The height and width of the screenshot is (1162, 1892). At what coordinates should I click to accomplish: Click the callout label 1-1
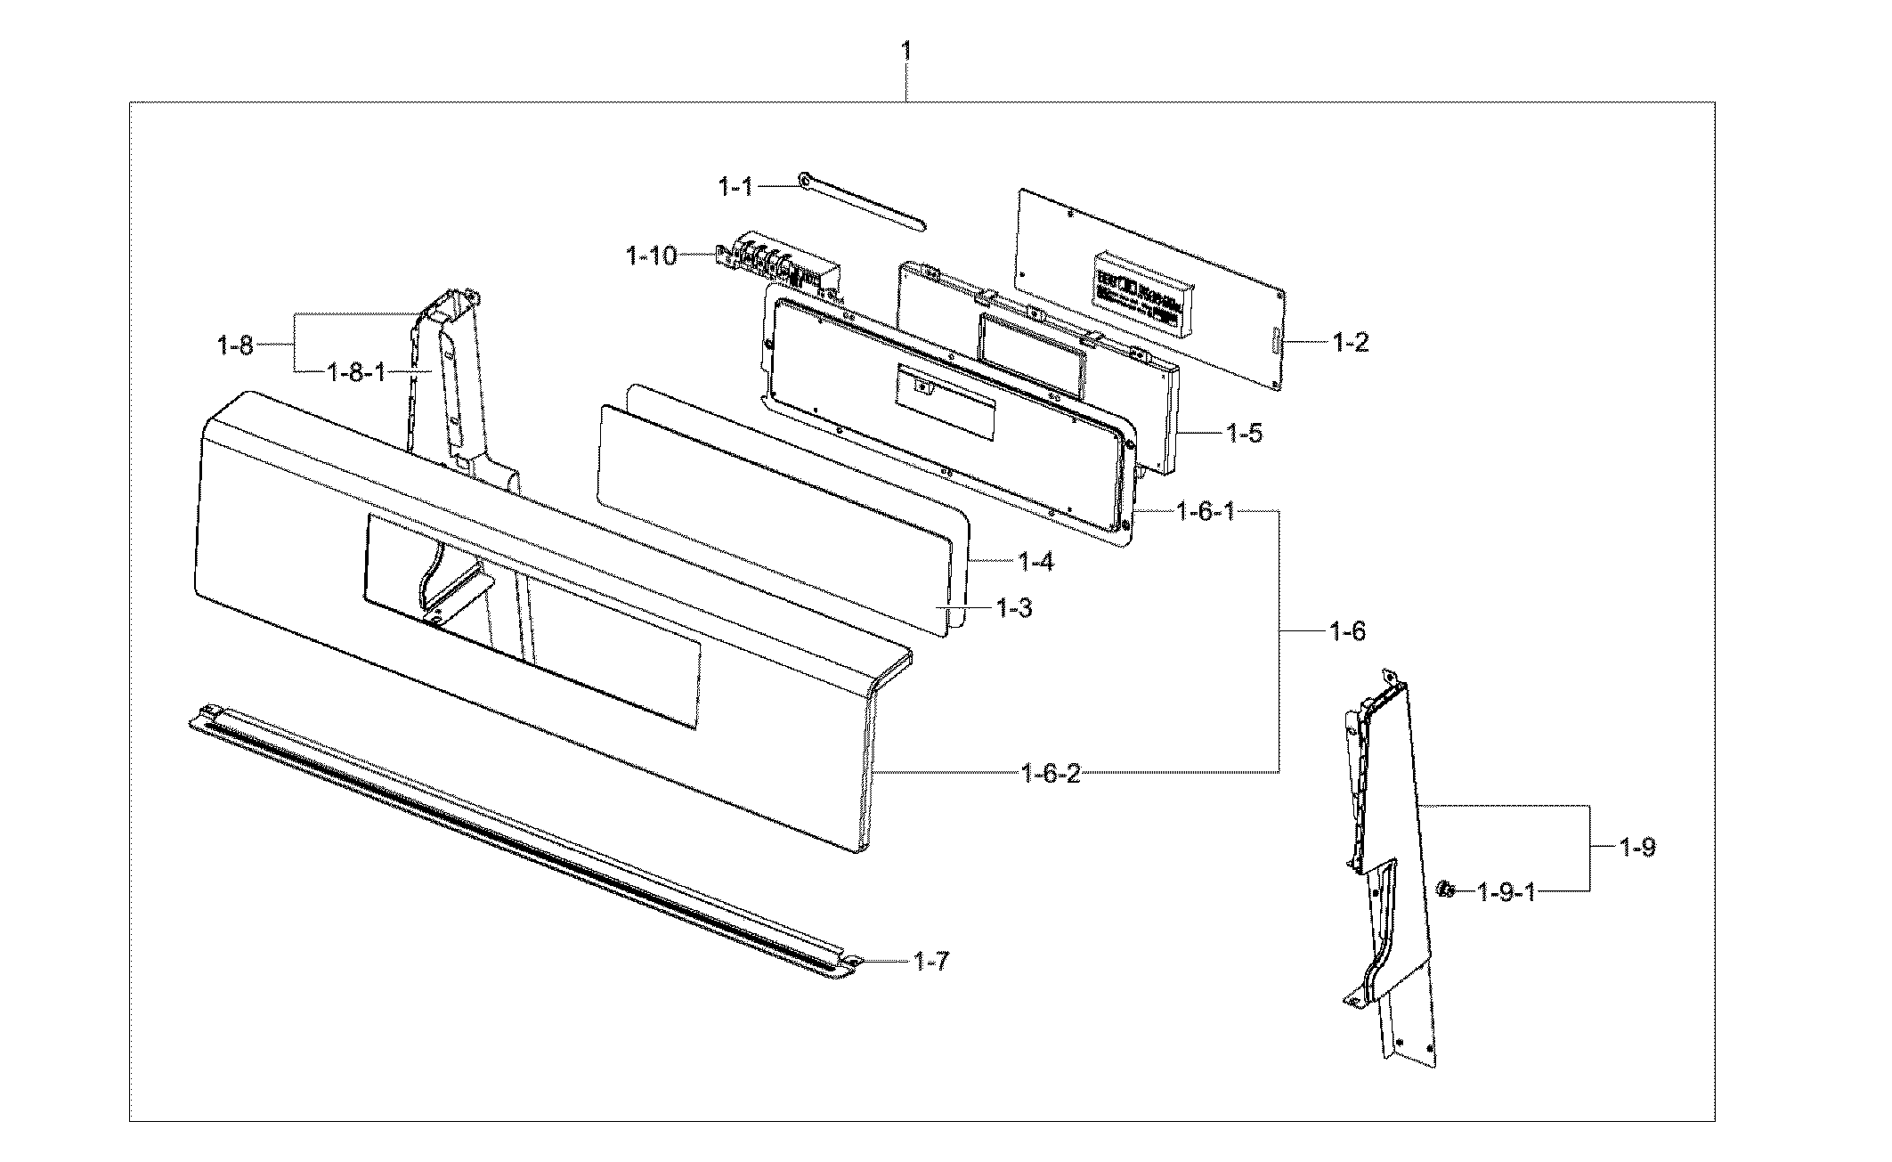coord(735,187)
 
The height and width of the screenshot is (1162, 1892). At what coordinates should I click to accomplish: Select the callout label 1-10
coord(652,257)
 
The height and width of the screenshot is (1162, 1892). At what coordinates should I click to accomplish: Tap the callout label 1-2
coord(1350,342)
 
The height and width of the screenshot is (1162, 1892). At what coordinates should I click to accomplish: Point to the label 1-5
coord(1244,434)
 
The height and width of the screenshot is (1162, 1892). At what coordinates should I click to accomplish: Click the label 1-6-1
coord(1205,512)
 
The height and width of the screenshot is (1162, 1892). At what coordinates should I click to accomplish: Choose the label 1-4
coord(1035,562)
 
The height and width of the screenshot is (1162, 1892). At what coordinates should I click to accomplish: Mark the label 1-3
coord(1013,609)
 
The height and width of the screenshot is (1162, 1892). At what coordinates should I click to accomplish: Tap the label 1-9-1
coord(1506,890)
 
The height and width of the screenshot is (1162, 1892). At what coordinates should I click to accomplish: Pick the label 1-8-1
coord(356,371)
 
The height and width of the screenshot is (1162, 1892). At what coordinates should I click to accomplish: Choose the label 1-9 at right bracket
coord(1636,847)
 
